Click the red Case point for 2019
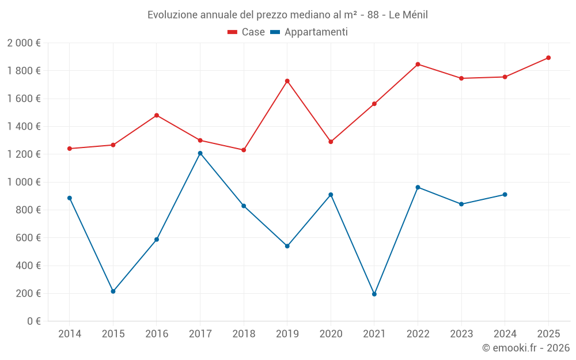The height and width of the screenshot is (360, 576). tap(287, 81)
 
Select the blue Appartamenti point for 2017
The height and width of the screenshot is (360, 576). tap(200, 153)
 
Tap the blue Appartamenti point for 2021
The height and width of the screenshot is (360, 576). tap(374, 294)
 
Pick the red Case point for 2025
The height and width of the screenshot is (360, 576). tap(548, 58)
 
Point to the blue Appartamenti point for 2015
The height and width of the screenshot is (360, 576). tap(113, 291)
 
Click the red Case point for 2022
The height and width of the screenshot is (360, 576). tap(418, 64)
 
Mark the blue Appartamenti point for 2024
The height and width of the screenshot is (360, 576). tap(505, 195)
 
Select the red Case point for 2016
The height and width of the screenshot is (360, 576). tap(157, 115)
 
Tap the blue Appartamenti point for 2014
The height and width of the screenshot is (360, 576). tap(70, 198)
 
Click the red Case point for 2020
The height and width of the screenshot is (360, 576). tap(331, 142)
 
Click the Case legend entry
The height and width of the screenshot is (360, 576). tap(246, 32)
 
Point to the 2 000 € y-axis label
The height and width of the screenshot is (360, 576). tap(24, 43)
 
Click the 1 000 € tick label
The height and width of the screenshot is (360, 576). tap(24, 182)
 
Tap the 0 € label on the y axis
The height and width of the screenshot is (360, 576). tap(33, 321)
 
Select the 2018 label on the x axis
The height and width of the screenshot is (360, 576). tap(244, 334)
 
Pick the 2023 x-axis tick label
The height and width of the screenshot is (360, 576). tap(461, 334)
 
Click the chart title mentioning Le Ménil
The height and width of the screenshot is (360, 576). tap(287, 14)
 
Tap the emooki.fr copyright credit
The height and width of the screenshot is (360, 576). tap(525, 348)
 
